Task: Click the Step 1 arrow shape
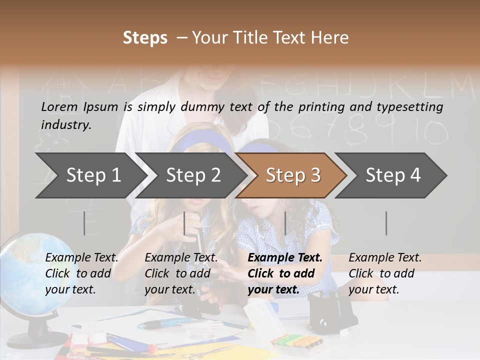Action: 90,175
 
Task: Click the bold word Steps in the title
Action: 145,38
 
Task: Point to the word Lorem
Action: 59,106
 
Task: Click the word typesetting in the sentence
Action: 409,107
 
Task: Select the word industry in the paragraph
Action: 65,125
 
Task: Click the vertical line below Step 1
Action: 84,223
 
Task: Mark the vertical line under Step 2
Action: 184,223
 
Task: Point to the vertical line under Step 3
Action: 285,223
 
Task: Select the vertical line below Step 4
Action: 386,223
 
